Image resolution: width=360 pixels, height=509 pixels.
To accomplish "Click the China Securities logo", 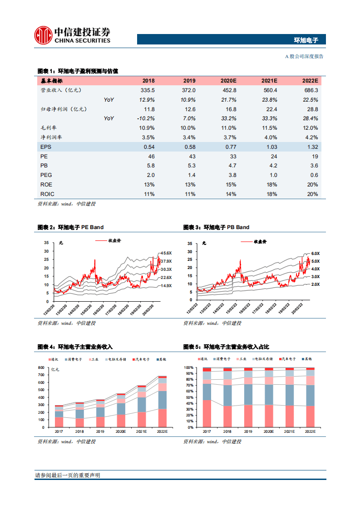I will [73, 35].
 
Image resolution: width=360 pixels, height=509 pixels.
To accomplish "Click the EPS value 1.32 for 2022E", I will [311, 147].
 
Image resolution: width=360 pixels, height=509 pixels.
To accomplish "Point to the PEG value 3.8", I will [232, 175].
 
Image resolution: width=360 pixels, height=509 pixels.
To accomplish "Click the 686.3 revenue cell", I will [311, 90].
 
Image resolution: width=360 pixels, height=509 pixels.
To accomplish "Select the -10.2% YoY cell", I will [146, 118].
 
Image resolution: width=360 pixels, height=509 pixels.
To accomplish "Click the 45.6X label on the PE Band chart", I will [166, 253].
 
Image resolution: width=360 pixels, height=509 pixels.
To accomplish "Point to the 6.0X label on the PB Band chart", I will [315, 254].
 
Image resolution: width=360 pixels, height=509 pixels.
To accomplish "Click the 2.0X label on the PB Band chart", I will [315, 284].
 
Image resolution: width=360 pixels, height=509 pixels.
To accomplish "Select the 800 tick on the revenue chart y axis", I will [42, 367].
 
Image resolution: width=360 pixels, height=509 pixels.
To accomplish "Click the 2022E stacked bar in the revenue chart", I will [162, 401].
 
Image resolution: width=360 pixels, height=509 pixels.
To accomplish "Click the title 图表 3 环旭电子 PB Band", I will [216, 227].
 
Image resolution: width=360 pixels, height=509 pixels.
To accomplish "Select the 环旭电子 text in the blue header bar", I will [306, 40].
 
